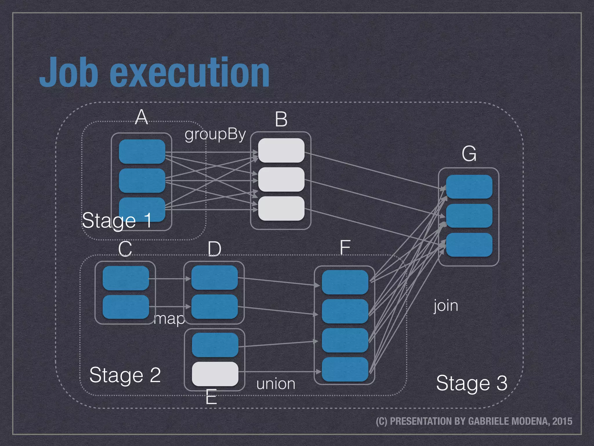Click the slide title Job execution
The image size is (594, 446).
154,73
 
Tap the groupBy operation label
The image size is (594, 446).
215,135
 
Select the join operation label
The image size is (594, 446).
446,306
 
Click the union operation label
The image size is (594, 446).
276,384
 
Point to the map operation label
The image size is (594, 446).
169,319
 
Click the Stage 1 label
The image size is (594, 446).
117,221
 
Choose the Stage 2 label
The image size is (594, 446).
125,375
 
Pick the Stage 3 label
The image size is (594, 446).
472,383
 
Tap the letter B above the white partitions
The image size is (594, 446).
281,119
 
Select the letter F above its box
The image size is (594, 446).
345,247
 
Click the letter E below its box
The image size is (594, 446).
211,397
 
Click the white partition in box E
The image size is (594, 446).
215,374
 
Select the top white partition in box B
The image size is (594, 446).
281,150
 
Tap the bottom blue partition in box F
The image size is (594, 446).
345,369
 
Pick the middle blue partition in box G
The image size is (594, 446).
469,216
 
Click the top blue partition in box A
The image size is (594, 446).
142,151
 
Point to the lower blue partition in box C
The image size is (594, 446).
126,307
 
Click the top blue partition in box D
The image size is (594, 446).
214,278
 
